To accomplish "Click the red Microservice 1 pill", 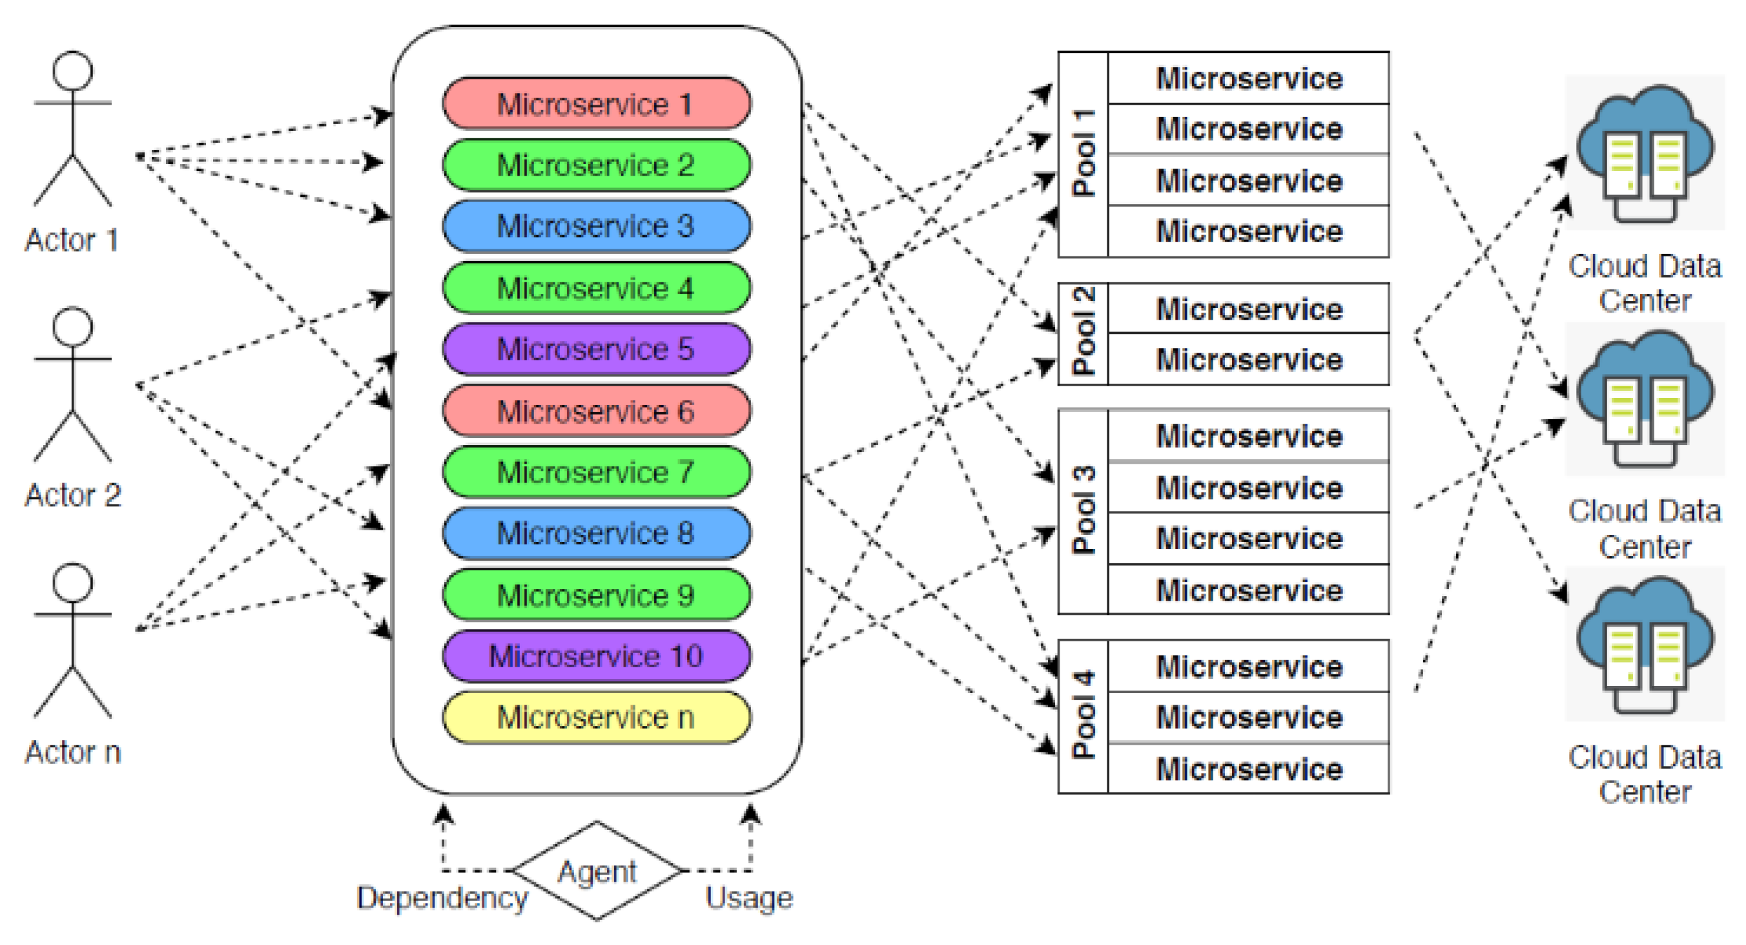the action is point(597,104).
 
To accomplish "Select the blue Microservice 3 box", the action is point(597,225).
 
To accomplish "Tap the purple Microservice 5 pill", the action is point(597,349).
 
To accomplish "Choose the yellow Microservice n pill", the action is point(597,717).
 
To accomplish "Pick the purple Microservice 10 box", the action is point(597,656).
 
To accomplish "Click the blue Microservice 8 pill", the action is point(597,533).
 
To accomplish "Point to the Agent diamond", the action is point(597,871).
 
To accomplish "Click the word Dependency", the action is point(442,898).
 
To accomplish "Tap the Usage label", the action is point(749,898).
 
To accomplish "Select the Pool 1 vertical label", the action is point(1083,154).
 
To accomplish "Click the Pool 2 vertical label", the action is point(1083,333).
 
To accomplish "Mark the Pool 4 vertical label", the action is point(1083,716).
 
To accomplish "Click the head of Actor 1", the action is point(72,70).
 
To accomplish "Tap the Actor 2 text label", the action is point(72,495).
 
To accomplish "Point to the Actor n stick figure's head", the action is point(72,581).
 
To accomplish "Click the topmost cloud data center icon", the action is point(1645,154).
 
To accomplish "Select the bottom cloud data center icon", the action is point(1645,645).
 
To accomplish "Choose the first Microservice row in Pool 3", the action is point(1249,436).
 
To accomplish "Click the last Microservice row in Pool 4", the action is point(1249,769).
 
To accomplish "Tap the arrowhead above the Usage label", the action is point(750,813).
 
